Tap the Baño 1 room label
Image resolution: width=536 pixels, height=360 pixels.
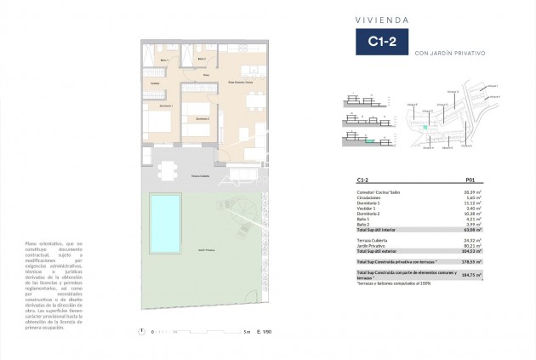coord(165,60)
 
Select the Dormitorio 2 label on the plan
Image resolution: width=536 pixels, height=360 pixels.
coord(202,118)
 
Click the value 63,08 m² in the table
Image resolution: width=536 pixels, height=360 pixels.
coord(472,230)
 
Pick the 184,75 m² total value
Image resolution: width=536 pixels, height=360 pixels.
coord(472,277)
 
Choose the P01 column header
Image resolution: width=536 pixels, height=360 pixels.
coord(470,180)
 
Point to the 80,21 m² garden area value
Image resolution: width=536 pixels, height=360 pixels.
coord(473,247)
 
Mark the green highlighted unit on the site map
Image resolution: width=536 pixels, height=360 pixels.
coord(426,126)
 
